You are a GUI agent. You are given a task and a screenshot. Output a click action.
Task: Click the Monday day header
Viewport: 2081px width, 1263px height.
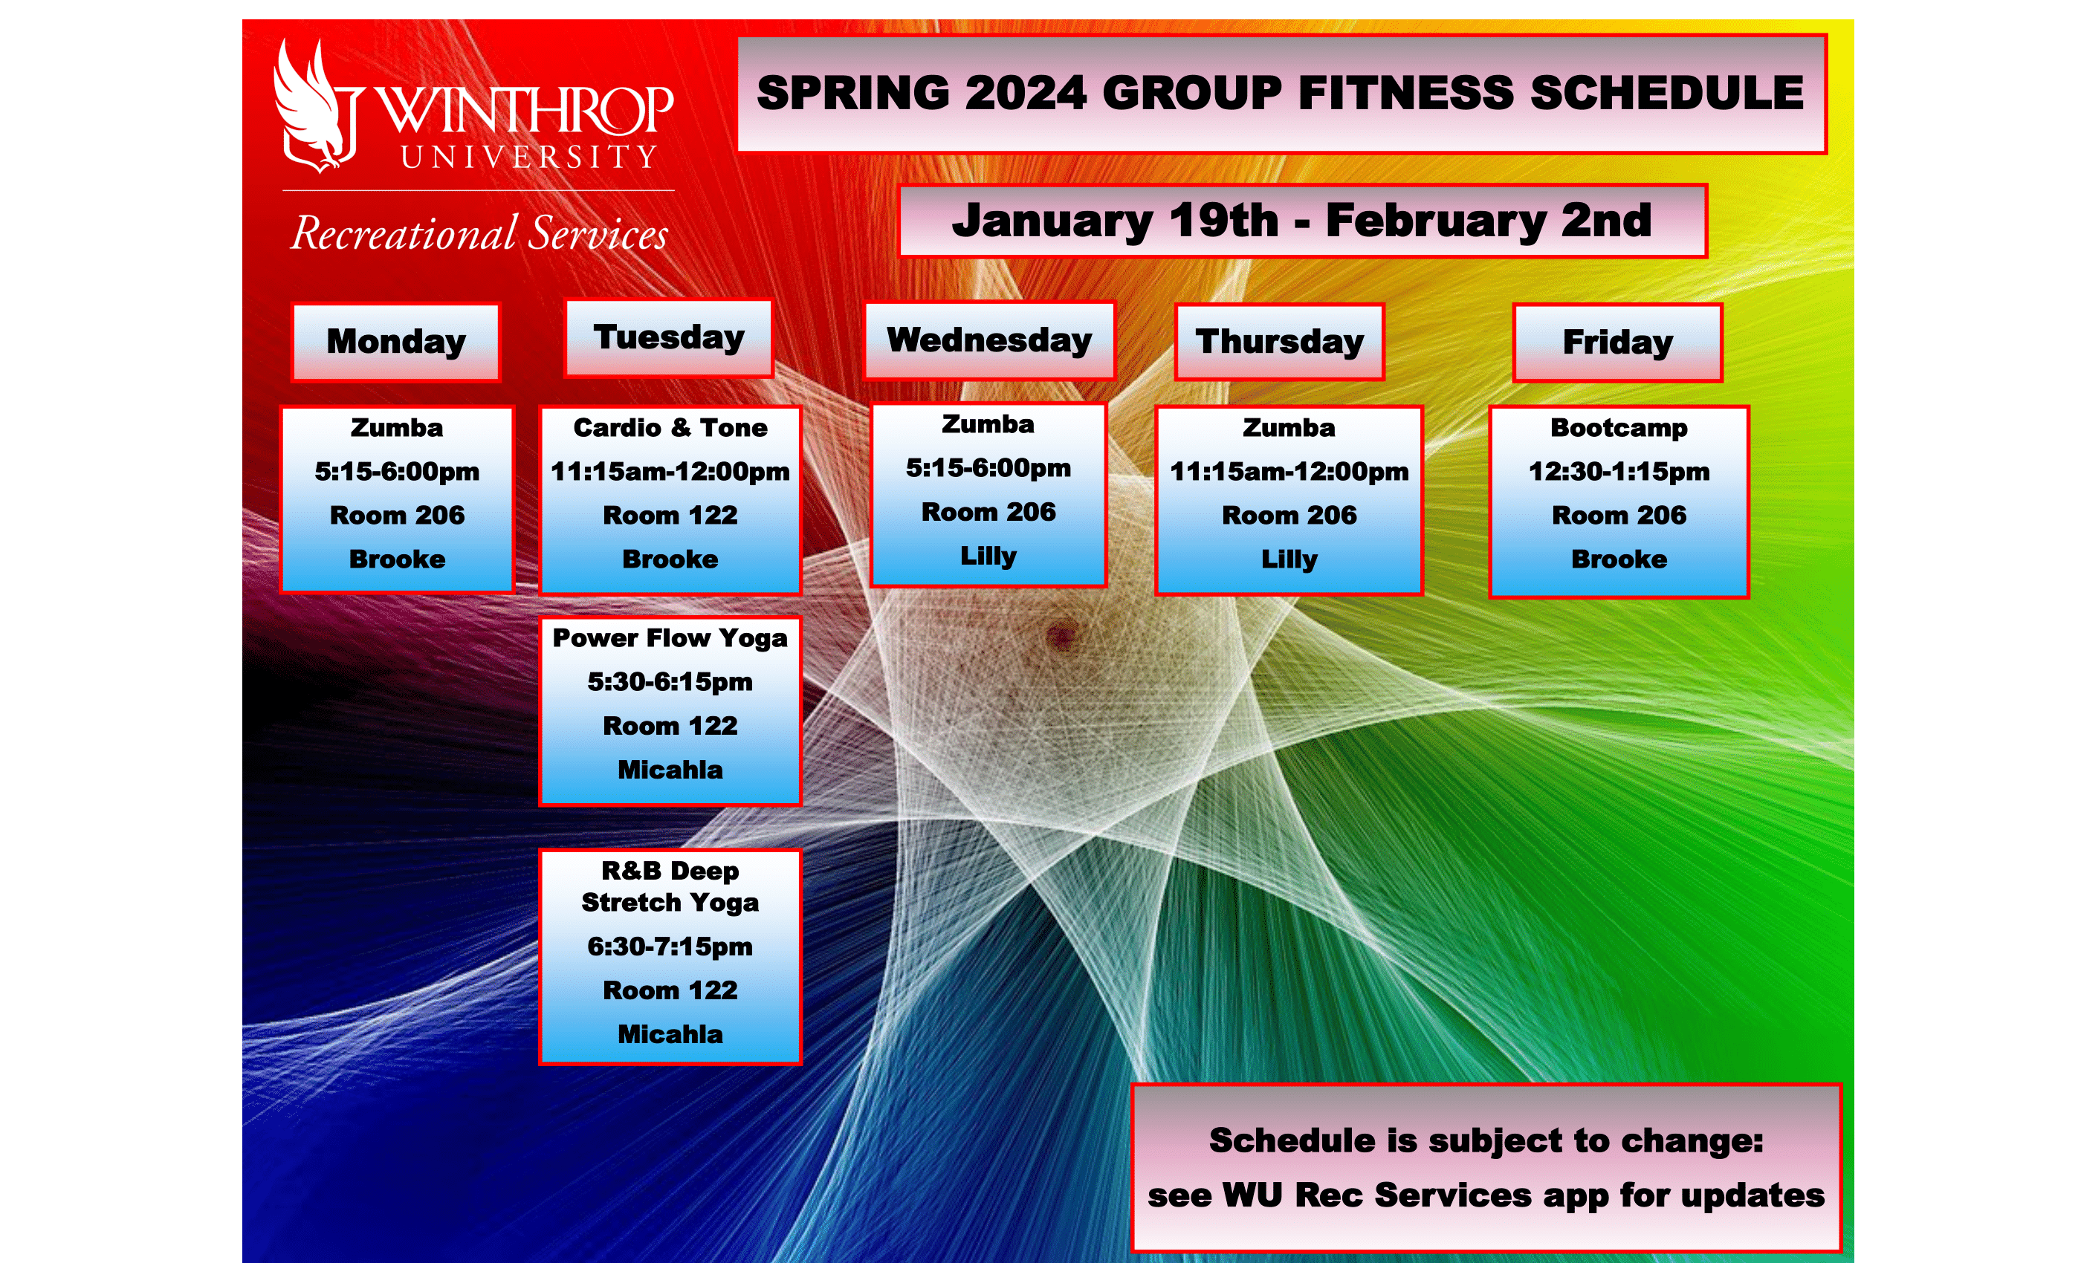click(x=396, y=342)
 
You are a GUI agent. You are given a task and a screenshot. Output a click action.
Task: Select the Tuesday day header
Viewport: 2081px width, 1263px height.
click(x=669, y=338)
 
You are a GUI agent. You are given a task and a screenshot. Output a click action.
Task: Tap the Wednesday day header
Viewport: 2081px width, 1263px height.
click(x=989, y=340)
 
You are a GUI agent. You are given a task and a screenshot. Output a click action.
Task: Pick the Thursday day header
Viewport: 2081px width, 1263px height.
click(x=1280, y=342)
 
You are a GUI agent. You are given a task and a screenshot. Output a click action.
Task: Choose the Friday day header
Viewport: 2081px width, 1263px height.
click(x=1617, y=342)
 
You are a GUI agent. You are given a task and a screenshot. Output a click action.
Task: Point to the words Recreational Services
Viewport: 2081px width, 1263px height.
click(x=479, y=233)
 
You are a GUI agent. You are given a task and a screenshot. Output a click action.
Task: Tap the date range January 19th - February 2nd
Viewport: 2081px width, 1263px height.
click(x=1301, y=221)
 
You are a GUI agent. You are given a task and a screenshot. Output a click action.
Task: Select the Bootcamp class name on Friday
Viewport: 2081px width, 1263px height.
click(x=1619, y=428)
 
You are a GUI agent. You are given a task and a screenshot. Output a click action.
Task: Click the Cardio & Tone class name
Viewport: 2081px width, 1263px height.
click(x=670, y=428)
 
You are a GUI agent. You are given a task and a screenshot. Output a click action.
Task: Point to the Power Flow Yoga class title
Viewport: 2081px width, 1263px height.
click(x=670, y=638)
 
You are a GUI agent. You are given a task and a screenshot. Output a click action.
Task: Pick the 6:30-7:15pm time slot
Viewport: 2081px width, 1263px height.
click(x=670, y=947)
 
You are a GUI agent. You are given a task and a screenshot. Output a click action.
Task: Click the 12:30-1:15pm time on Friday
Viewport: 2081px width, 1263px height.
click(x=1619, y=471)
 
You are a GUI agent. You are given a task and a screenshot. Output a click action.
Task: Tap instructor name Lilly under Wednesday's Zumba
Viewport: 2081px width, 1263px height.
click(x=988, y=556)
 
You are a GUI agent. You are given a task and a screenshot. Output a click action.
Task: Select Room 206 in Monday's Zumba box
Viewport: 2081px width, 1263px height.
click(x=397, y=515)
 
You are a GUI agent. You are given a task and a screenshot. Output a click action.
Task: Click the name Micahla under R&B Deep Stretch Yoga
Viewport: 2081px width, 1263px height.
click(x=670, y=1034)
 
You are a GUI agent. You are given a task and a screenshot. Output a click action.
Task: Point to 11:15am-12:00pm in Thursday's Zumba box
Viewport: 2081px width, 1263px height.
click(x=1289, y=471)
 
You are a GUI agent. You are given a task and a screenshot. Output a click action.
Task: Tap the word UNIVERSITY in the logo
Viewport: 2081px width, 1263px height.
click(x=528, y=157)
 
